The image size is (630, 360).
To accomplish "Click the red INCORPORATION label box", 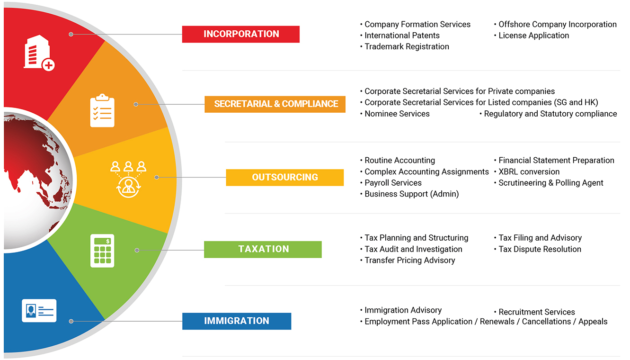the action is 241,34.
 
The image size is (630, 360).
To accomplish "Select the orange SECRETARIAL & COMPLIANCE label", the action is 275,104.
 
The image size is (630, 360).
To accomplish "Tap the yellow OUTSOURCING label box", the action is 285,177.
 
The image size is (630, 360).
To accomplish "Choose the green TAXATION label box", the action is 263,249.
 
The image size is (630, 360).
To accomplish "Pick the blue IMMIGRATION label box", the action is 237,321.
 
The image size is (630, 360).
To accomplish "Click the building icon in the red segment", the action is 39,53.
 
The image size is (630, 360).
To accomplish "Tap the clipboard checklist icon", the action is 102,110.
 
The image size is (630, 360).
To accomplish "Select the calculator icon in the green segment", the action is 102,251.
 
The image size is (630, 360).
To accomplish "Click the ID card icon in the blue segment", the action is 39,310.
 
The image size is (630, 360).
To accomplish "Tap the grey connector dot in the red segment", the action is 71,34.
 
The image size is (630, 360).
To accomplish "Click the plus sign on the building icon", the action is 49,65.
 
